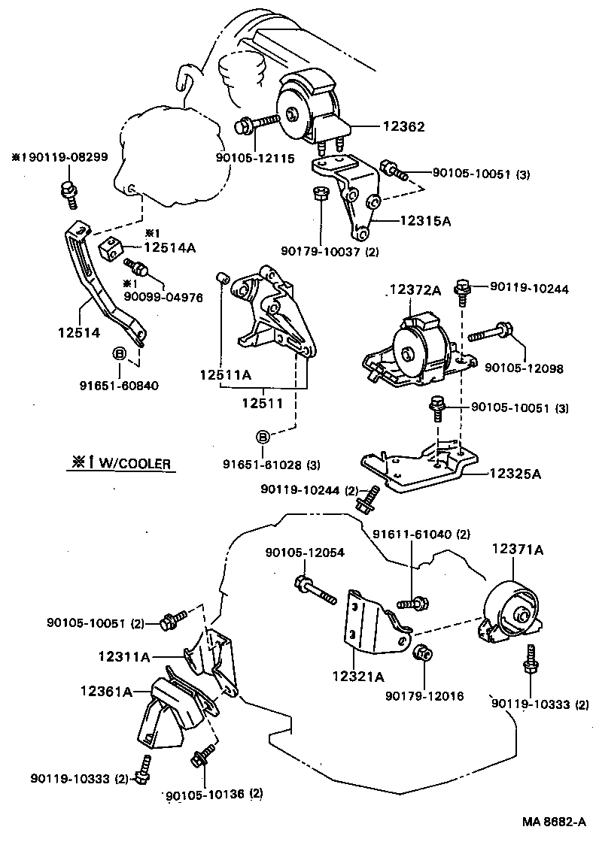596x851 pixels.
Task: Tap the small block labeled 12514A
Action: [x=111, y=247]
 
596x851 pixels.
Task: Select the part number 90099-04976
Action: [x=163, y=297]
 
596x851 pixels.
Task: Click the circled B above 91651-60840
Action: [x=119, y=353]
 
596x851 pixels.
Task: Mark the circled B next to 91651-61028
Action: [x=263, y=437]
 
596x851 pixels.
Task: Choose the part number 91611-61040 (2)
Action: [x=421, y=535]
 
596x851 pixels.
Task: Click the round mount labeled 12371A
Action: [x=512, y=613]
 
